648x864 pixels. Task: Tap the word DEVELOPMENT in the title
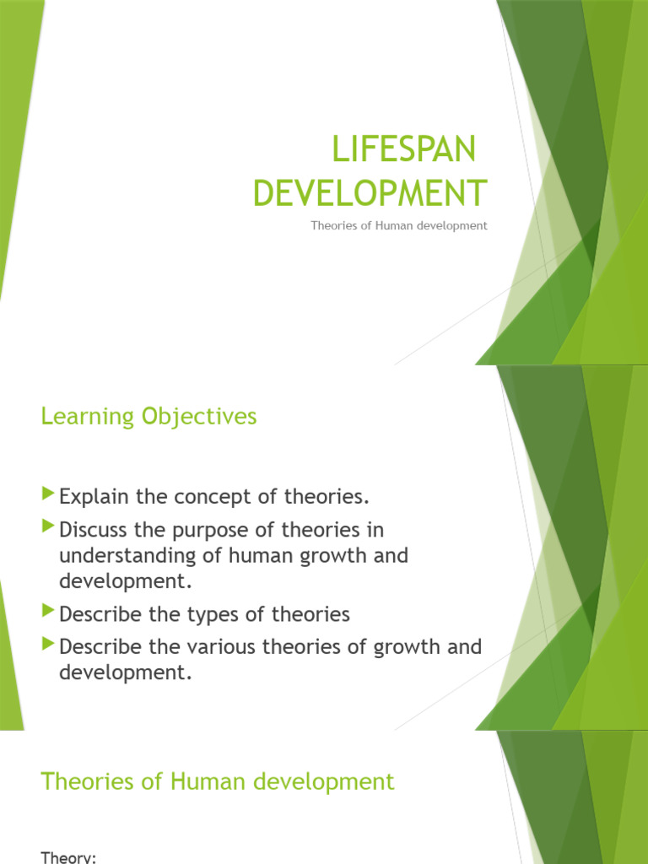coord(370,193)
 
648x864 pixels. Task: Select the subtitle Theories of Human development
coord(398,226)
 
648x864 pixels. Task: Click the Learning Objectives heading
coord(148,416)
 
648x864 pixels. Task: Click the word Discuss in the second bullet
coord(93,530)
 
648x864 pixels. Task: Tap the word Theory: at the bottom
coord(69,857)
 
